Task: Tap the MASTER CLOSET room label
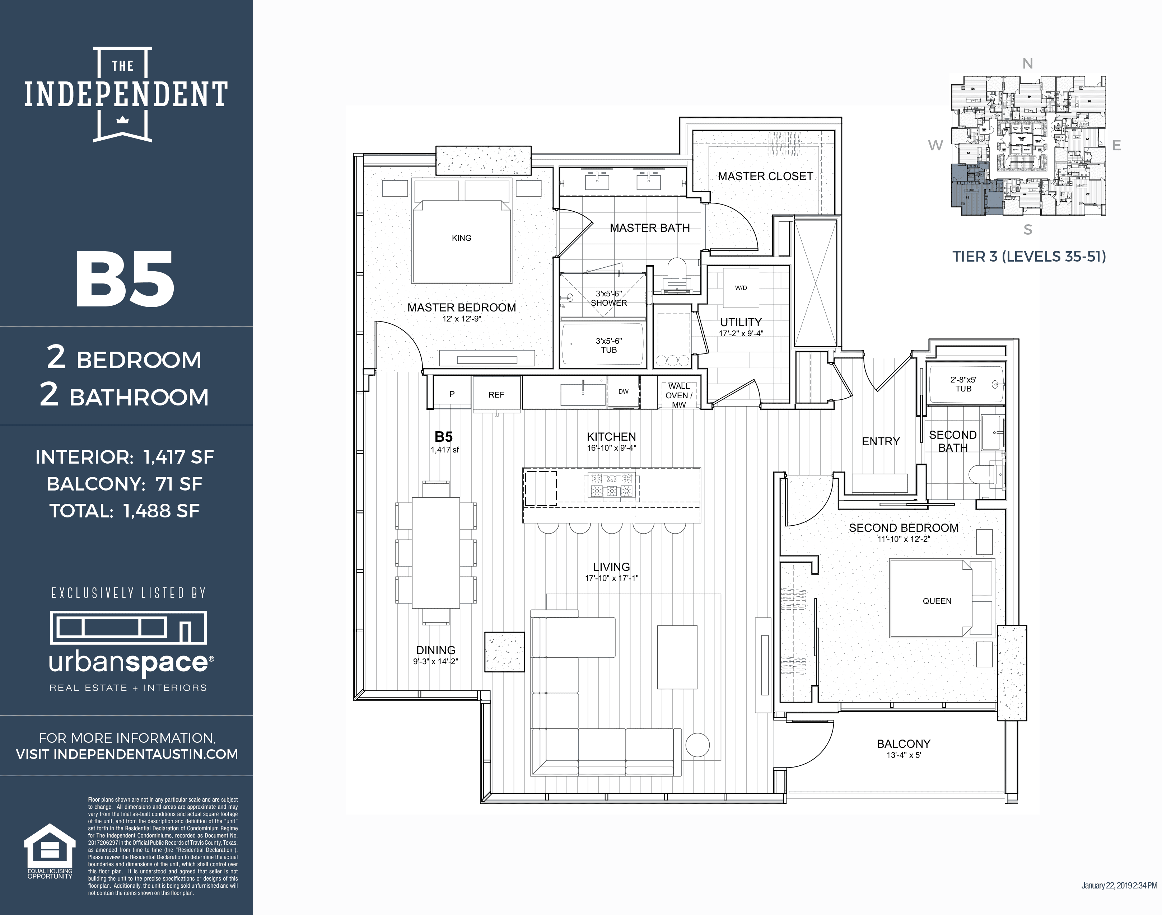click(x=765, y=176)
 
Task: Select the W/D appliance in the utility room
click(x=741, y=288)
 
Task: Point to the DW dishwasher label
click(x=623, y=391)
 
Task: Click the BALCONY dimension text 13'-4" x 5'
click(x=903, y=755)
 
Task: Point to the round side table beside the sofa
click(x=697, y=745)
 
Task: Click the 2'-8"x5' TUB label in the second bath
click(x=963, y=384)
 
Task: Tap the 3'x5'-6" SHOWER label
click(x=609, y=299)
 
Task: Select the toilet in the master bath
click(x=677, y=273)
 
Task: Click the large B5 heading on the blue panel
click(x=125, y=280)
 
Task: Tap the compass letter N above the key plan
click(x=1027, y=64)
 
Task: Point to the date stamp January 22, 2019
click(x=1118, y=886)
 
